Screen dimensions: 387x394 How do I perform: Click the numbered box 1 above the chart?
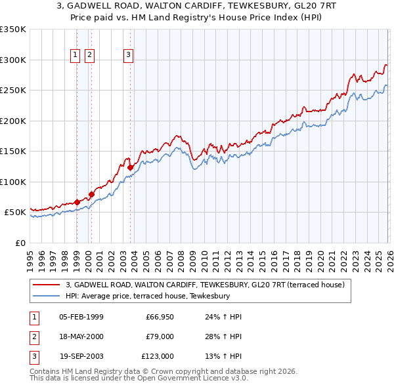click(x=76, y=55)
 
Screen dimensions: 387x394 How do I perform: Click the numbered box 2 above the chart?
click(x=89, y=55)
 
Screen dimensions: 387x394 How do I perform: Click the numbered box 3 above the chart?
click(x=128, y=55)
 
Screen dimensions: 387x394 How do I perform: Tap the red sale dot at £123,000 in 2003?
click(x=130, y=168)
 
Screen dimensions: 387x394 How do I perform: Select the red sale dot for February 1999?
click(x=77, y=202)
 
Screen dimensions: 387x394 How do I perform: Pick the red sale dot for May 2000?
click(x=91, y=194)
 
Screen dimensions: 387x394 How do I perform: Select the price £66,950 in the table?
click(x=159, y=317)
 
